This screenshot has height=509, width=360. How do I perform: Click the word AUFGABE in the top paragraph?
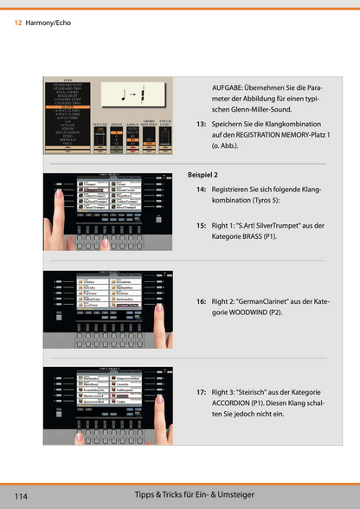229,88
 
